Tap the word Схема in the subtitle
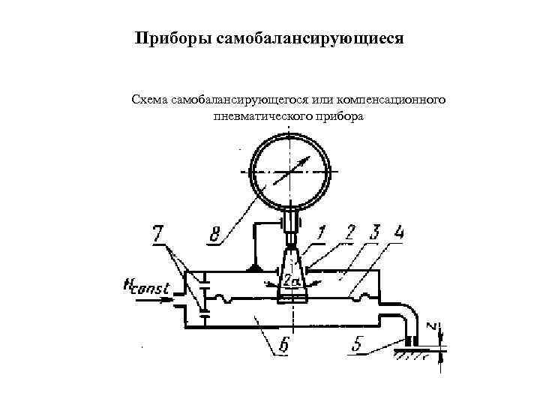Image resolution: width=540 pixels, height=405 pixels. coord(149,99)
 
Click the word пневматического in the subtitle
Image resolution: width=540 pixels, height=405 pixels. coord(258,118)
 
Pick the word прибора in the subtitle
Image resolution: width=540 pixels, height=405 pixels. coord(340,118)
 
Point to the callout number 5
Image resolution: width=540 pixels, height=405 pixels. coord(361,345)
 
